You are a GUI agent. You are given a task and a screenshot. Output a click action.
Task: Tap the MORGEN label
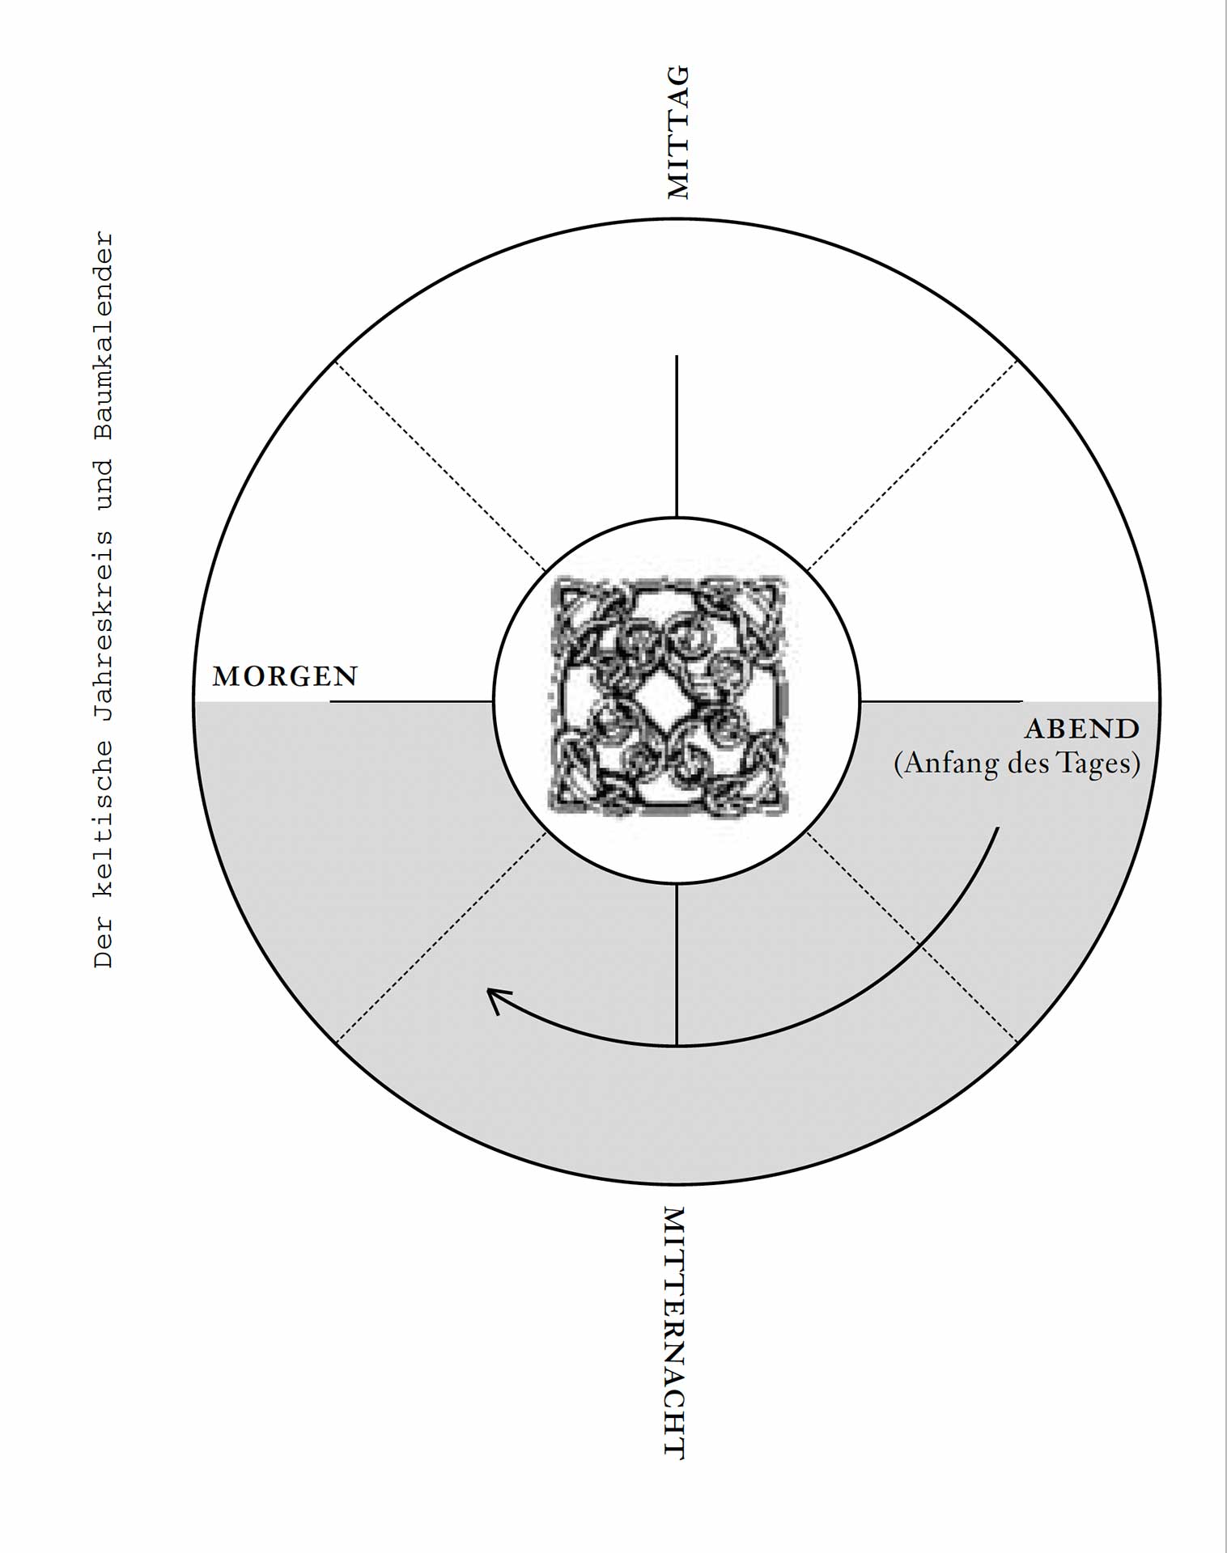click(285, 676)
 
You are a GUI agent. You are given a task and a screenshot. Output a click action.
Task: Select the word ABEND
click(1082, 729)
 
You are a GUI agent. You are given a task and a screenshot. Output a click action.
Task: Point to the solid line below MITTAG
click(677, 436)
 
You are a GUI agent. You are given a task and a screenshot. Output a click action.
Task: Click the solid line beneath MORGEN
click(411, 701)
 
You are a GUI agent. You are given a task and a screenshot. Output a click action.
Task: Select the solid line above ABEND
click(941, 701)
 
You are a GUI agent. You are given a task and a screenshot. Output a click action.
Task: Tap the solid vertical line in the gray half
click(677, 964)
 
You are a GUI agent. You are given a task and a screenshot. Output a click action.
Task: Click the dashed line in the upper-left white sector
click(441, 465)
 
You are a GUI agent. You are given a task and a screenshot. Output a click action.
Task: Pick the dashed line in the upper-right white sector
click(912, 465)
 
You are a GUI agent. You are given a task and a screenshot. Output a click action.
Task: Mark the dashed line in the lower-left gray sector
click(441, 937)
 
